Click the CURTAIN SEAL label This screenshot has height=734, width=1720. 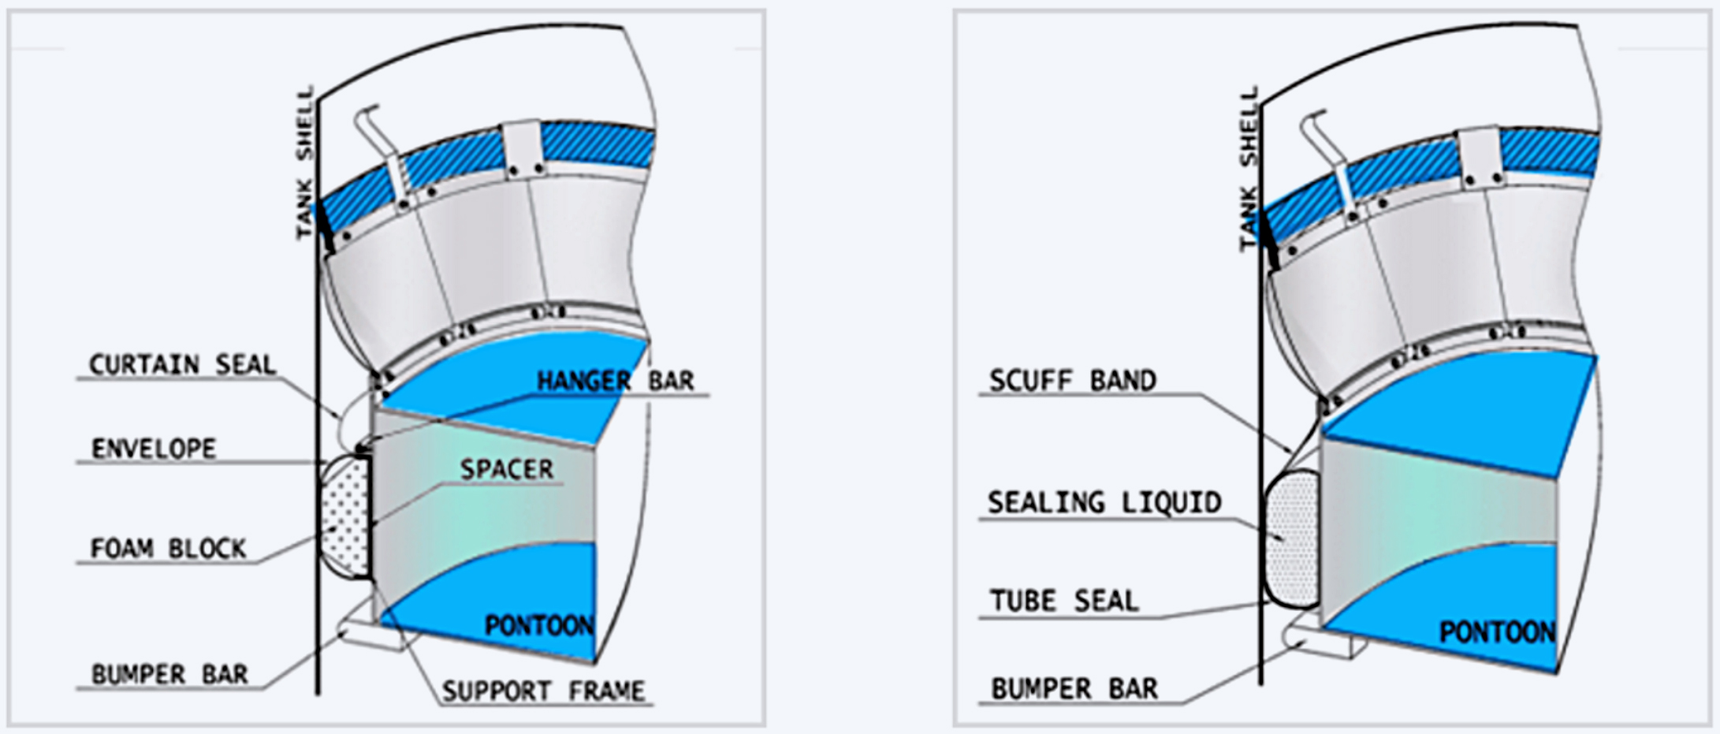(182, 364)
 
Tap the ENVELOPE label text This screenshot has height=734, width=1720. (154, 449)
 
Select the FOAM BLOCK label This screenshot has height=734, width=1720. (169, 548)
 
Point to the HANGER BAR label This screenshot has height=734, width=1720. (615, 381)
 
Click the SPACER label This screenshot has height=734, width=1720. (507, 469)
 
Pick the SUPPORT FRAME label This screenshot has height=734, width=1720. (543, 691)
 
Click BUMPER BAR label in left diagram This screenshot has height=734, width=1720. (169, 674)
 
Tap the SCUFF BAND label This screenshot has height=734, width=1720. (1073, 380)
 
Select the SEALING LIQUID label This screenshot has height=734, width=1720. (1104, 502)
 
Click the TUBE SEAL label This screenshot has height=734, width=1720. (1064, 601)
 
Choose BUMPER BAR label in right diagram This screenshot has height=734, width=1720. (1074, 688)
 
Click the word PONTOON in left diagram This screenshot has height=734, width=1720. (539, 626)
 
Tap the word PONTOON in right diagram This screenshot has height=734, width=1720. (1498, 632)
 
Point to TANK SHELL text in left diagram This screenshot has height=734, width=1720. (304, 162)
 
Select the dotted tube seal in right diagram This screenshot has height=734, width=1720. (1291, 538)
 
